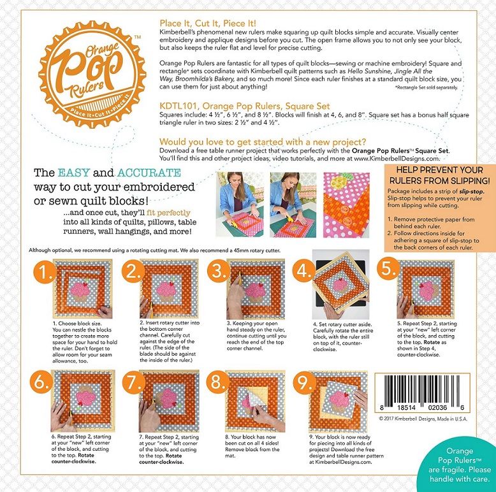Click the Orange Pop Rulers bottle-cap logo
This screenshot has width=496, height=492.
(x=92, y=75)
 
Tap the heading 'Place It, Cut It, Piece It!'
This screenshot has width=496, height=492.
(x=208, y=24)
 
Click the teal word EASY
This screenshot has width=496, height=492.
(x=73, y=173)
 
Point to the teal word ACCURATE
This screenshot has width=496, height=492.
(x=149, y=173)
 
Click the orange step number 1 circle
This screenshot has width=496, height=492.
(x=45, y=272)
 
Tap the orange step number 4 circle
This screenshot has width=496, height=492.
(x=303, y=271)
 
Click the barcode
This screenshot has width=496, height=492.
(x=422, y=393)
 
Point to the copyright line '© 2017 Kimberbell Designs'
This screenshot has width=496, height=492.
(x=423, y=419)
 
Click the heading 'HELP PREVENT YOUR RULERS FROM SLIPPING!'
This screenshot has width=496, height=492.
(x=439, y=175)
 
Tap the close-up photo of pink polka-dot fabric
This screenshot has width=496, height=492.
(x=346, y=205)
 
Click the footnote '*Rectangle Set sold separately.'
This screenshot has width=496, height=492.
(x=426, y=87)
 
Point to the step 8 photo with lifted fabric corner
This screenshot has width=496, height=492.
(x=256, y=401)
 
